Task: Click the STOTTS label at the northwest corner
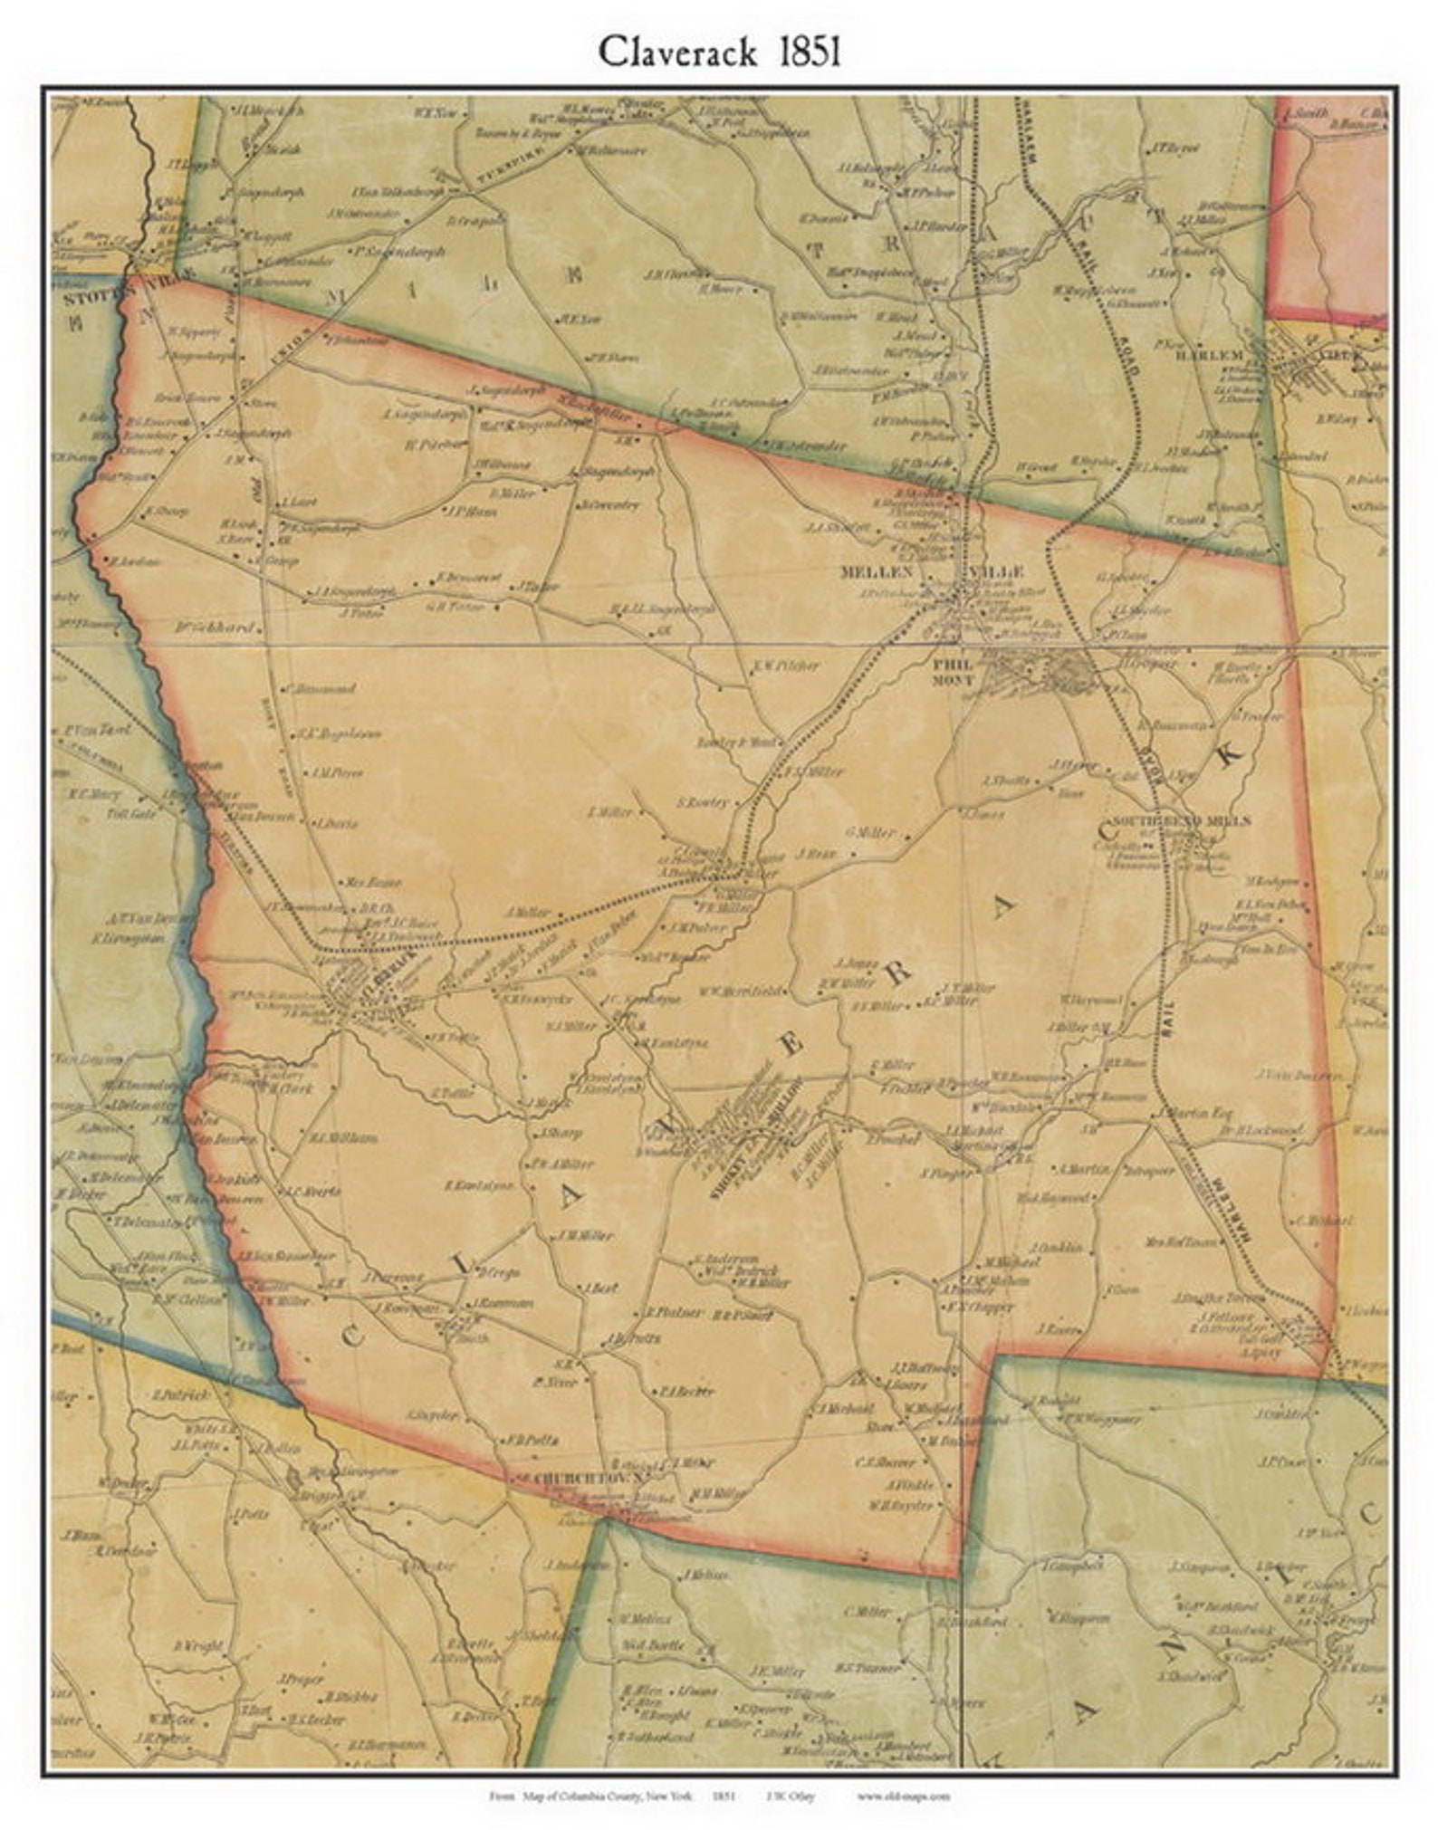click(x=83, y=293)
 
